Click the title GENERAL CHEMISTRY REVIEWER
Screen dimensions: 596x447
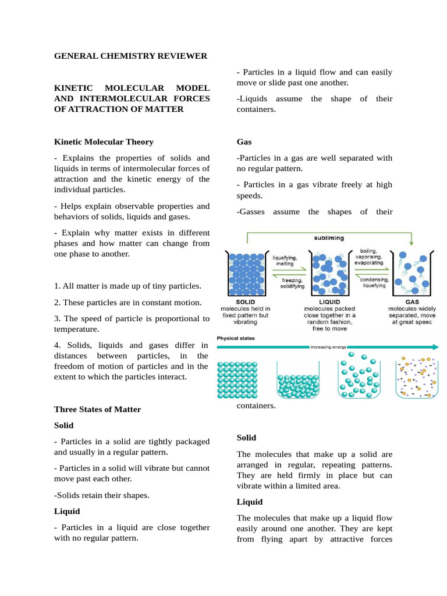[x=130, y=56]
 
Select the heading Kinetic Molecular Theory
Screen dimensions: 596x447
[x=104, y=141]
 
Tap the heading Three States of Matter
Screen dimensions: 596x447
[x=97, y=409]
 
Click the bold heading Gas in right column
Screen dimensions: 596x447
[x=243, y=141]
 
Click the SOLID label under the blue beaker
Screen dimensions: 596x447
[x=244, y=302]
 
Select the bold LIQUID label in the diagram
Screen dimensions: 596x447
[x=329, y=302]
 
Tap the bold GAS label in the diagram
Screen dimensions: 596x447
[x=412, y=302]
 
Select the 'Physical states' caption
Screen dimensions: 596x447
[x=236, y=338]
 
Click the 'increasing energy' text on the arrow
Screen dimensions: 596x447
[x=329, y=347]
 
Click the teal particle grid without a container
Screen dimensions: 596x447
[x=237, y=379]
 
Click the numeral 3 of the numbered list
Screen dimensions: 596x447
[x=56, y=318]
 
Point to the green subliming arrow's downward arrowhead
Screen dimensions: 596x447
[x=411, y=243]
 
